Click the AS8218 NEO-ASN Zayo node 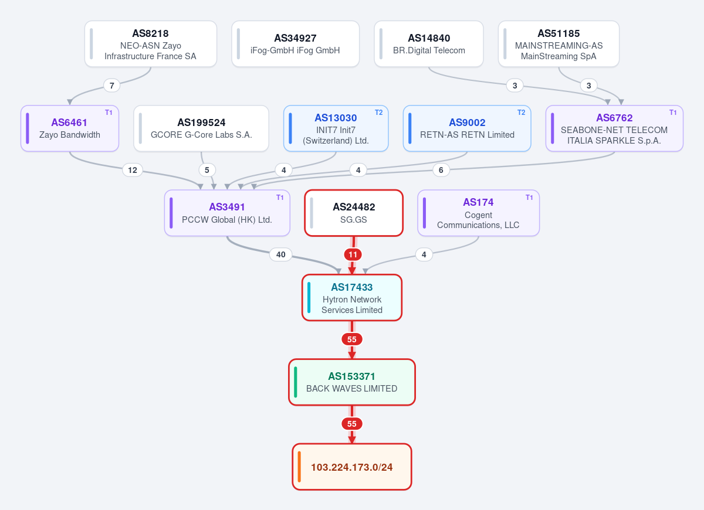pyautogui.click(x=151, y=44)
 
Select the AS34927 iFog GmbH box pyautogui.click(x=296, y=44)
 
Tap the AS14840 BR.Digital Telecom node pyautogui.click(x=429, y=44)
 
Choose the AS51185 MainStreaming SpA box pyautogui.click(x=559, y=44)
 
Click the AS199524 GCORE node pyautogui.click(x=201, y=128)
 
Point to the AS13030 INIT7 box pyautogui.click(x=336, y=128)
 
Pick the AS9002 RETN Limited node pyautogui.click(x=467, y=128)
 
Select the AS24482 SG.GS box pyautogui.click(x=354, y=213)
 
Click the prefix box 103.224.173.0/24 pyautogui.click(x=352, y=467)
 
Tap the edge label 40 pyautogui.click(x=280, y=254)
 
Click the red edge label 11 pyautogui.click(x=353, y=254)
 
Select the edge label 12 pyautogui.click(x=133, y=170)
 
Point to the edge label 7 pyautogui.click(x=111, y=86)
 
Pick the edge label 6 pyautogui.click(x=441, y=170)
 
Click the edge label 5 pyautogui.click(x=207, y=170)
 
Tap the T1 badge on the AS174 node pyautogui.click(x=529, y=197)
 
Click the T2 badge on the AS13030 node pyautogui.click(x=379, y=113)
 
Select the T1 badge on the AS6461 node pyautogui.click(x=109, y=113)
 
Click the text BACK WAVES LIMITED pyautogui.click(x=351, y=389)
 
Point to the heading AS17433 pyautogui.click(x=351, y=287)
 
